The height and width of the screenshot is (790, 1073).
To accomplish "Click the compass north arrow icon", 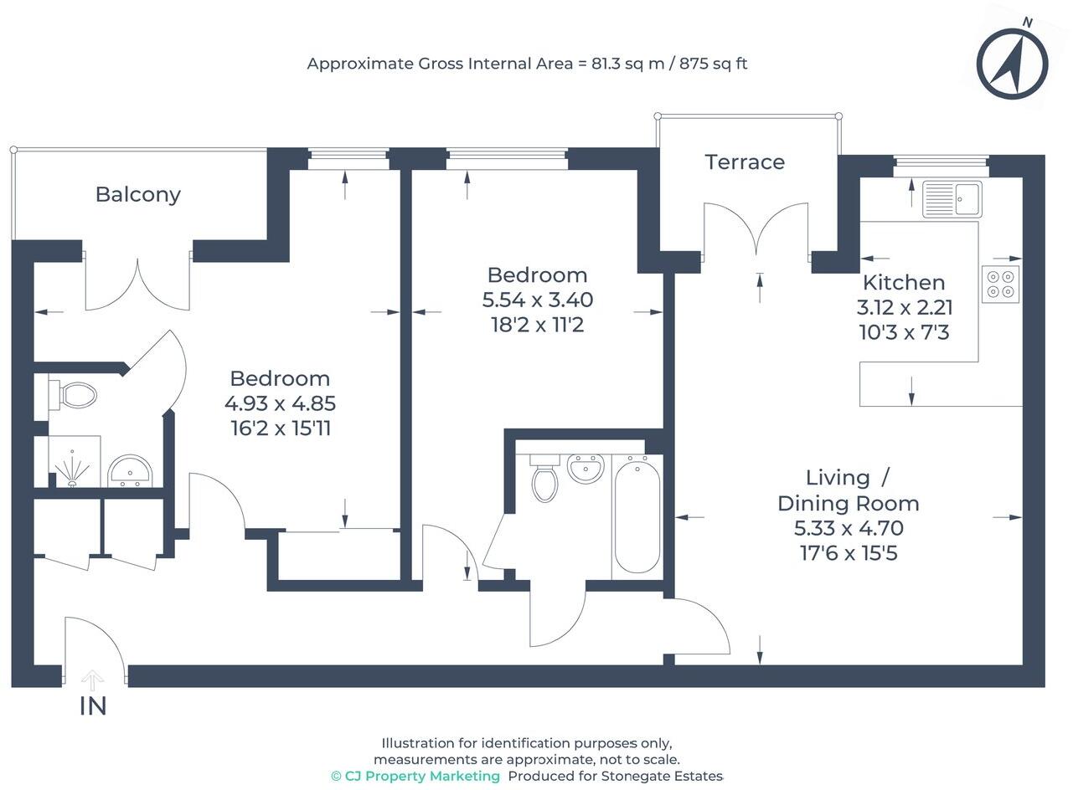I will point(1012,64).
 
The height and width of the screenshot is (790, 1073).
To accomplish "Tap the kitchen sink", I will point(952,198).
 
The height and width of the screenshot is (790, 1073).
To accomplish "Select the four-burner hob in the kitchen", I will point(1001,284).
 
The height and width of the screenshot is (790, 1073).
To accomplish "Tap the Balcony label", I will point(137,194).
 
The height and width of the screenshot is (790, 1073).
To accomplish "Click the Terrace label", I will point(745,162).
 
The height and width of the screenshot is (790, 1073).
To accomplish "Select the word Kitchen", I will point(904,282).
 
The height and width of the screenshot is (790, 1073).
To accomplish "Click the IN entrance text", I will point(93,706).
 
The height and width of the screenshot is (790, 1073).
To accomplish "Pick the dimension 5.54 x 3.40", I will point(538,300).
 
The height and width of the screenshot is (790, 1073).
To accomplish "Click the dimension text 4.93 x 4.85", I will point(280,403).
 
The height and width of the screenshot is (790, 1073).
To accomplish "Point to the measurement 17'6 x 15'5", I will point(849,553).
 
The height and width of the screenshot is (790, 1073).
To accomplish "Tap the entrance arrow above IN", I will point(93,680).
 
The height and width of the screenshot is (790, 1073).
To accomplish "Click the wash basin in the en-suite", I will point(130,471).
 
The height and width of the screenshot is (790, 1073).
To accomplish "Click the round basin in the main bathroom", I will point(586,467).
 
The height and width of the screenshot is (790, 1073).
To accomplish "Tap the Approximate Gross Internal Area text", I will point(527,64).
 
